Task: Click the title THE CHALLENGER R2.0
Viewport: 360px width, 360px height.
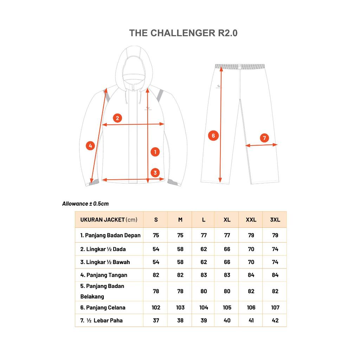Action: [x=183, y=33]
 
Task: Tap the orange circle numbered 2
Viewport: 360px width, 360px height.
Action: [x=117, y=118]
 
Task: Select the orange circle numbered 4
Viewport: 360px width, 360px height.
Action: [x=90, y=146]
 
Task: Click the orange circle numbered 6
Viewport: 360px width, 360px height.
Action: [x=213, y=135]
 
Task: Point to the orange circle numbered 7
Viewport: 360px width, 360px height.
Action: [x=264, y=138]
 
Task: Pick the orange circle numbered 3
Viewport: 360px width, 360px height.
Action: [x=155, y=173]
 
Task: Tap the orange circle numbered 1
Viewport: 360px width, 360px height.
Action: [x=155, y=152]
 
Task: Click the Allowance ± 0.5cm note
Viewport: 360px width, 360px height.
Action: [x=85, y=204]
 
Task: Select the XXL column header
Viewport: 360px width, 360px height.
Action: [x=251, y=220]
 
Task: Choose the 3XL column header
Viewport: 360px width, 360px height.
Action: [x=275, y=220]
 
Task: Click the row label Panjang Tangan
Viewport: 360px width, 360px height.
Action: [x=104, y=275]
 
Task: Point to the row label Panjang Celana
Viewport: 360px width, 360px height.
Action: [x=103, y=308]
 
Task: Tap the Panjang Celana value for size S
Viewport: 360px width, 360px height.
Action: [x=156, y=308]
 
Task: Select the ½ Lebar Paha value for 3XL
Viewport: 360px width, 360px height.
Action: [x=275, y=321]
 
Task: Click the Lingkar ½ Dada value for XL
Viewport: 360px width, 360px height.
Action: [x=227, y=249]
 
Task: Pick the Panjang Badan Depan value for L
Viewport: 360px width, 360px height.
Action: [x=204, y=235]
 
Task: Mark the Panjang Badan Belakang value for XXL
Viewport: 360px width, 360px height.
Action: [x=251, y=291]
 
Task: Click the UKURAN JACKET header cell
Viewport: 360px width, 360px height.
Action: [x=109, y=220]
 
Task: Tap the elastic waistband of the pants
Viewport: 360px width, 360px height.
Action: [x=240, y=66]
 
